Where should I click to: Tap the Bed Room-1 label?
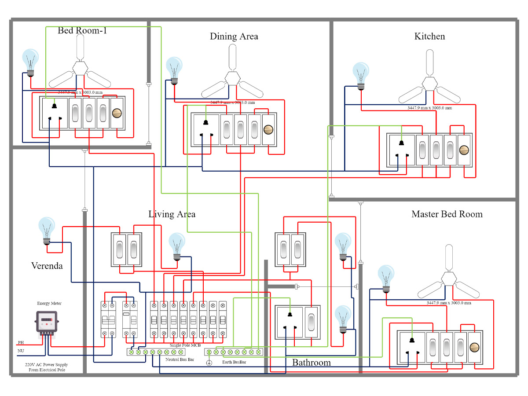(x=82, y=30)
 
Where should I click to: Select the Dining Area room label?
(x=234, y=37)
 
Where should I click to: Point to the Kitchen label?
(x=429, y=37)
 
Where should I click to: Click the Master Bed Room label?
(x=447, y=214)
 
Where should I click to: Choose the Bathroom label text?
(x=311, y=363)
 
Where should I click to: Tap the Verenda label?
(x=47, y=266)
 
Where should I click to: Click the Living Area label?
(x=172, y=214)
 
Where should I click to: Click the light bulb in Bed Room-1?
(x=30, y=62)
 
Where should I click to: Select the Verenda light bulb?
(x=47, y=229)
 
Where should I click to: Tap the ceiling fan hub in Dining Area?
(x=232, y=79)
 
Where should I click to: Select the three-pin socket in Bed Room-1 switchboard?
(x=54, y=113)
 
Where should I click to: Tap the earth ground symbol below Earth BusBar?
(x=209, y=363)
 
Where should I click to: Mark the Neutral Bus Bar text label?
(x=180, y=359)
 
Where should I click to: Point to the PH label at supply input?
(x=21, y=343)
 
